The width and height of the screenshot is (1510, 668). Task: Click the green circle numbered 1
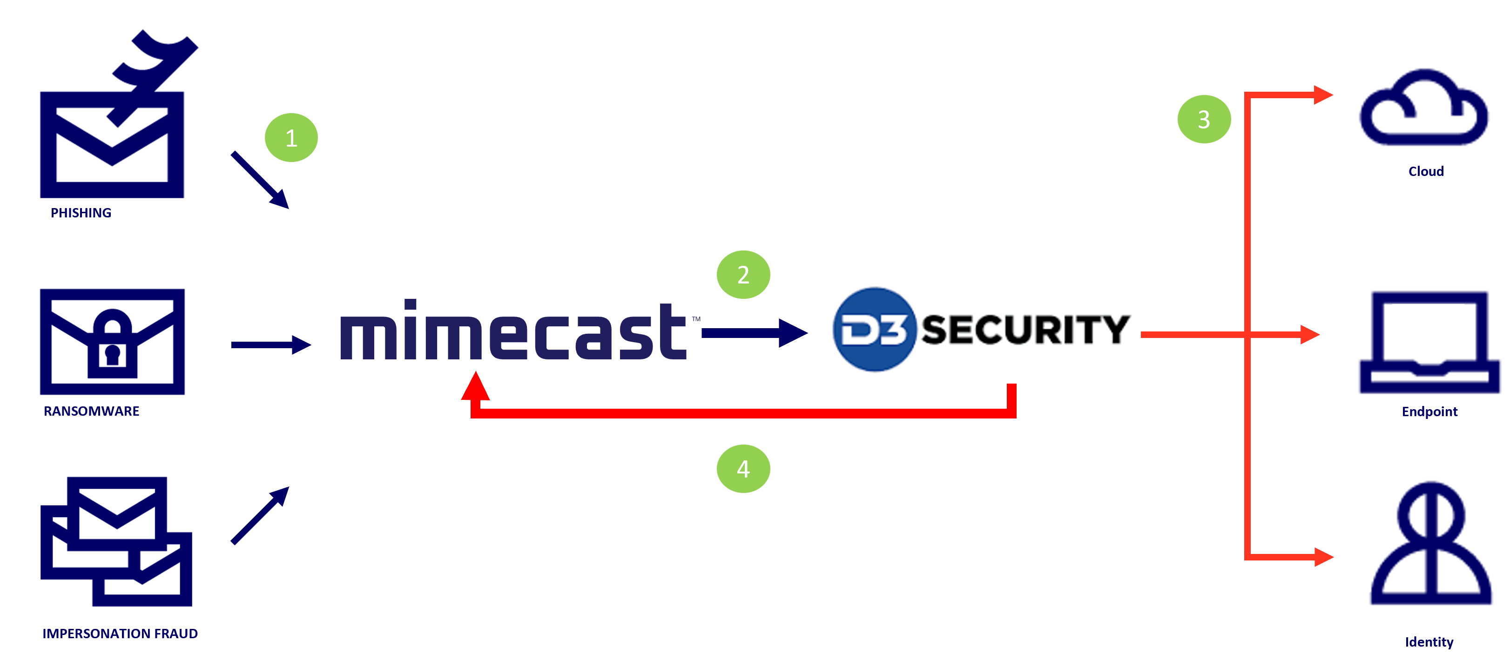pyautogui.click(x=291, y=138)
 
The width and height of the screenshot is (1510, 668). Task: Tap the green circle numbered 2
pyautogui.click(x=743, y=275)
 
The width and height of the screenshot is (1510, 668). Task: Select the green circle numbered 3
pyautogui.click(x=1204, y=120)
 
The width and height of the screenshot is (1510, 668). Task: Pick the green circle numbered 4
pyautogui.click(x=743, y=469)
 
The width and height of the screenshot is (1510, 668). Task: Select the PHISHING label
pyautogui.click(x=81, y=213)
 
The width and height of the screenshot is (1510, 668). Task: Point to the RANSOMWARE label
pyautogui.click(x=91, y=412)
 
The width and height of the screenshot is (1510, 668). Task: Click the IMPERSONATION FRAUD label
pyautogui.click(x=120, y=634)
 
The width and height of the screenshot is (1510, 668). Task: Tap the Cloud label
pyautogui.click(x=1426, y=172)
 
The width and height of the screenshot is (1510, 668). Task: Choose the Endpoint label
pyautogui.click(x=1429, y=412)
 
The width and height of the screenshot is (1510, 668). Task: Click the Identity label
pyautogui.click(x=1429, y=642)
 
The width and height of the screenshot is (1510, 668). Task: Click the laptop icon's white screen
pyautogui.click(x=1428, y=329)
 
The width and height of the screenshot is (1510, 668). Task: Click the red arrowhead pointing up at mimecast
pyautogui.click(x=475, y=387)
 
